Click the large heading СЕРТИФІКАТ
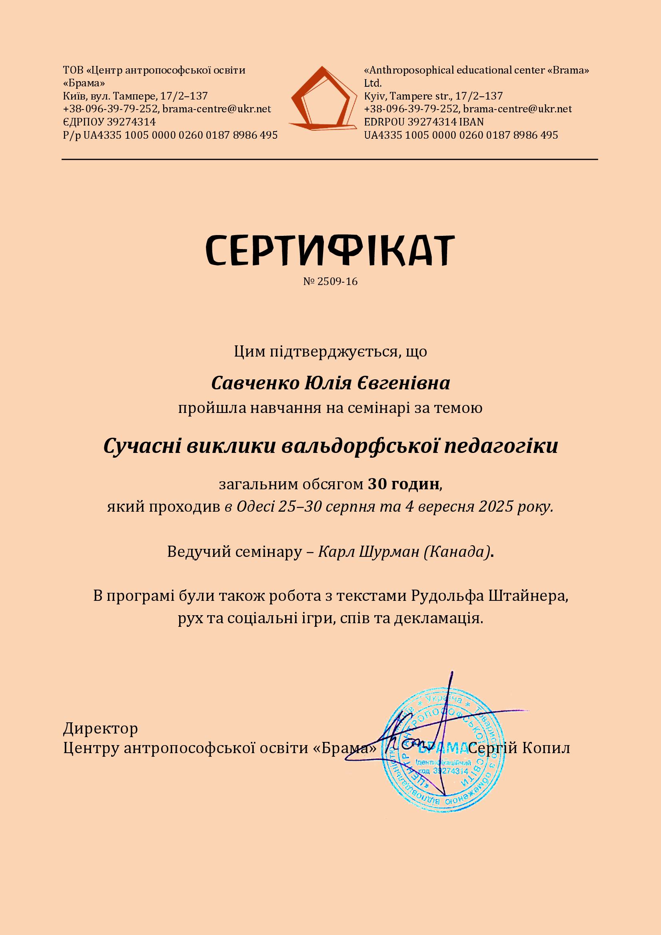pos(330,249)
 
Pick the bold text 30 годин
pos(403,484)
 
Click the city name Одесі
pos(256,506)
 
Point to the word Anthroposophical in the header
pos(411,70)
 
